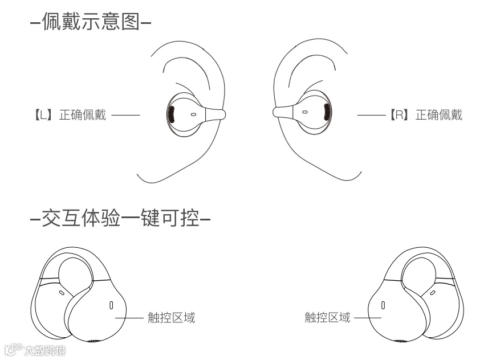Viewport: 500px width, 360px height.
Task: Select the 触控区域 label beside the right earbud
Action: [327, 318]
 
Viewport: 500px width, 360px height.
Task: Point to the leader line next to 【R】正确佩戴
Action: [372, 115]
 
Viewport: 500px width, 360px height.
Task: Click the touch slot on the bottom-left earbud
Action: [111, 306]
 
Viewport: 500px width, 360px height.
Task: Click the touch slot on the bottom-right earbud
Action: [383, 305]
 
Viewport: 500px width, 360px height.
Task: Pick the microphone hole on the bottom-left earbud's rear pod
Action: [61, 293]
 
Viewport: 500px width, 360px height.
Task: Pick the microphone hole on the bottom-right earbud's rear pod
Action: [433, 293]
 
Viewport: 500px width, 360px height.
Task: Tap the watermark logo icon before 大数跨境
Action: [13, 349]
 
